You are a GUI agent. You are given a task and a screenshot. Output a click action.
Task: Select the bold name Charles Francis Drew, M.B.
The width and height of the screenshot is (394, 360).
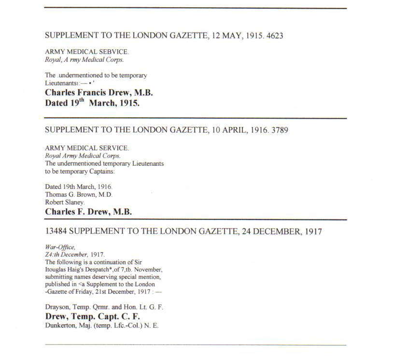pos(99,93)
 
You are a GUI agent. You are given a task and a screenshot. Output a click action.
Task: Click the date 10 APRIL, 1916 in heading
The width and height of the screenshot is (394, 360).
pos(234,130)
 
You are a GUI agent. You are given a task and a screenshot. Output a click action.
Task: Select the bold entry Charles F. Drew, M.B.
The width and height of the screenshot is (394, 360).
pos(88,212)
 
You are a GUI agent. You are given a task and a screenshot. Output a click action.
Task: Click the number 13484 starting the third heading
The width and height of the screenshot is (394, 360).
pos(57,232)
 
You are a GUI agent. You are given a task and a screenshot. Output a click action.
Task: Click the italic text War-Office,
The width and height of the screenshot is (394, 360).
pos(58,247)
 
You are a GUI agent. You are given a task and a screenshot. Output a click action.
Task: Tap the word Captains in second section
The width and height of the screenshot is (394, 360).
pos(100,171)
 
